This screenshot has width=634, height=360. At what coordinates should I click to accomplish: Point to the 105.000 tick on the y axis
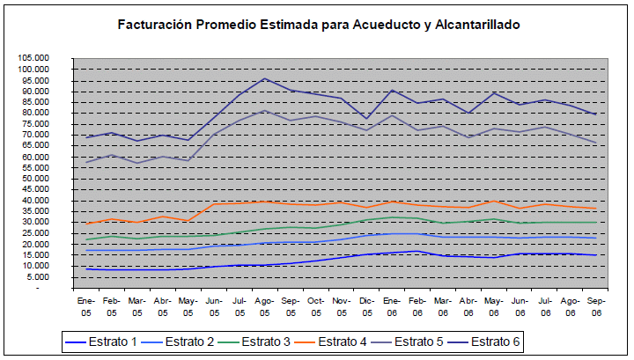point(33,58)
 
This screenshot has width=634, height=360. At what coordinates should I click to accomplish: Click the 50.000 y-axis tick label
point(35,178)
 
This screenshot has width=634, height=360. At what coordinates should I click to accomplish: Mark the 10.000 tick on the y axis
point(35,265)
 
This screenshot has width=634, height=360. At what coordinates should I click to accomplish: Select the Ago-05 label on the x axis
point(263,304)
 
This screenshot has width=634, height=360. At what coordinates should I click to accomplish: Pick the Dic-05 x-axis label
point(365,304)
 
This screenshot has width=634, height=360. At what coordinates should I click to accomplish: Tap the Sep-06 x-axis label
point(595,304)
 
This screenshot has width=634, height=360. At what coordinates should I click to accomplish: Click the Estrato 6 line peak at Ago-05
point(264,78)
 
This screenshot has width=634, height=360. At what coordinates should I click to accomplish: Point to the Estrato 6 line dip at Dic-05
point(366,118)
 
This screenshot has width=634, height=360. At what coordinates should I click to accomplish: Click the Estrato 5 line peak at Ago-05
point(264,111)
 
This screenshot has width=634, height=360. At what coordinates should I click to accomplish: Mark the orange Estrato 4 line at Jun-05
point(213,204)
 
